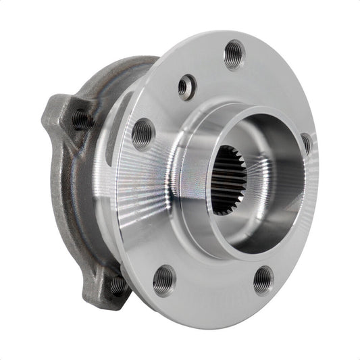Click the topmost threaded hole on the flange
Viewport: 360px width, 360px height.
click(234, 53)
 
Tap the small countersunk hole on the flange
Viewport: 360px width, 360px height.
click(187, 86)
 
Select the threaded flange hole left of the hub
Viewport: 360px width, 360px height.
click(143, 132)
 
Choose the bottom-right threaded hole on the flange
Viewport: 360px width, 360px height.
click(263, 280)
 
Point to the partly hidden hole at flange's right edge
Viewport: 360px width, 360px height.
click(306, 143)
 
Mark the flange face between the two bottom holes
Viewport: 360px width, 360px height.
click(213, 287)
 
